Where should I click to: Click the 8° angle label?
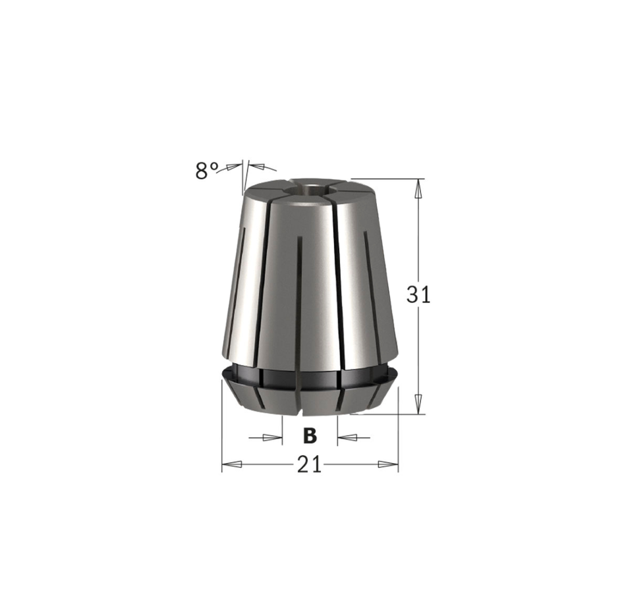tap(207, 171)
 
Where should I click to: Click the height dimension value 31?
tap(418, 294)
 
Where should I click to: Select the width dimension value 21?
tap(310, 464)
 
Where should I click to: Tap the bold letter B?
tap(310, 435)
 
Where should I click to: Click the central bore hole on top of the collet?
tap(310, 187)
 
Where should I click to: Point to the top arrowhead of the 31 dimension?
tap(418, 188)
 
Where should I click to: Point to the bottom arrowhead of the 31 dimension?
tap(418, 404)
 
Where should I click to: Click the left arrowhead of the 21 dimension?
tap(232, 464)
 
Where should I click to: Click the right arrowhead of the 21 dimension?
tap(388, 464)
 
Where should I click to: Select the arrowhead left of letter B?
tap(272, 437)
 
